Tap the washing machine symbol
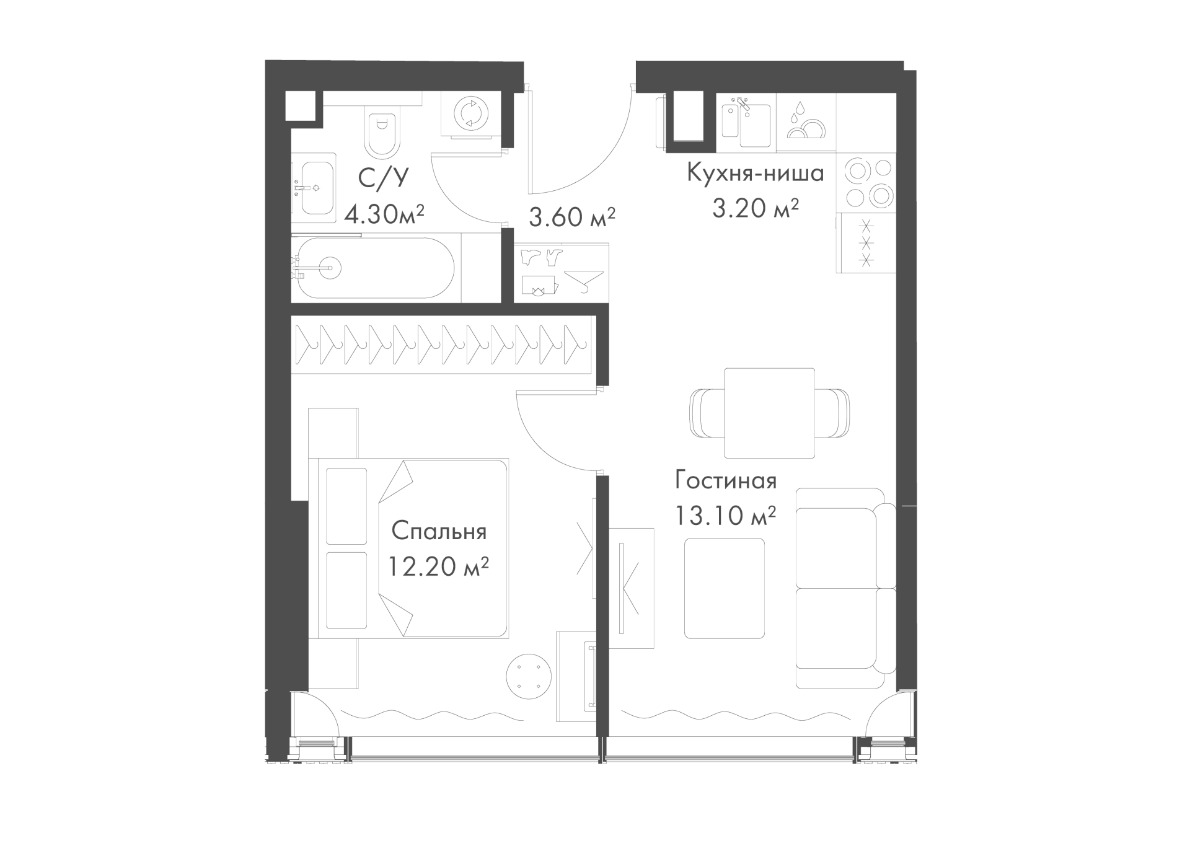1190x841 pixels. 471,114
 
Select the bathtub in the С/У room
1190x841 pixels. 376,268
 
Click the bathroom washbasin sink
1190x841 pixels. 314,188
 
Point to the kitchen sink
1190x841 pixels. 746,121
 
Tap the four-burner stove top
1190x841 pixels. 866,183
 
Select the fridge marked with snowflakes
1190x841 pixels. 866,244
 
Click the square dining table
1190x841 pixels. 769,413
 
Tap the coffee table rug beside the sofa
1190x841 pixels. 724,588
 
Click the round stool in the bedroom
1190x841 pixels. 529,677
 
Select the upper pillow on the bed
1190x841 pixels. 346,506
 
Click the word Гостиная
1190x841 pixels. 726,481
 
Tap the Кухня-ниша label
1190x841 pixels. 756,174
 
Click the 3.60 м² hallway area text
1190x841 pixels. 571,217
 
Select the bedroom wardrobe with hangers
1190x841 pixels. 443,345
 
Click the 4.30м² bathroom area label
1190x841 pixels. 384,214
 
